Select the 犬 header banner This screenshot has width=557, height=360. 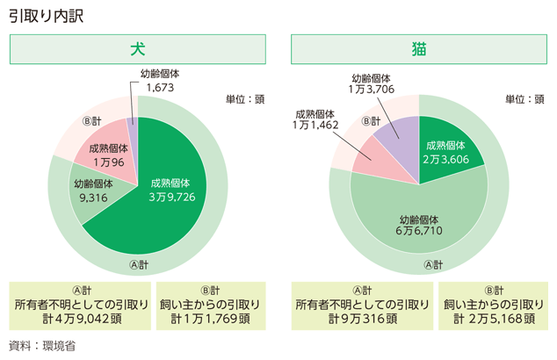coord(137,50)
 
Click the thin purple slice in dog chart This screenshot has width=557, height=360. coord(133,136)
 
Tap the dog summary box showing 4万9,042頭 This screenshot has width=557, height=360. coord(79,304)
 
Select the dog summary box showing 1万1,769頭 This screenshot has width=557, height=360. coord(208,304)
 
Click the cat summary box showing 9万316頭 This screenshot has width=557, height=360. coord(363,304)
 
